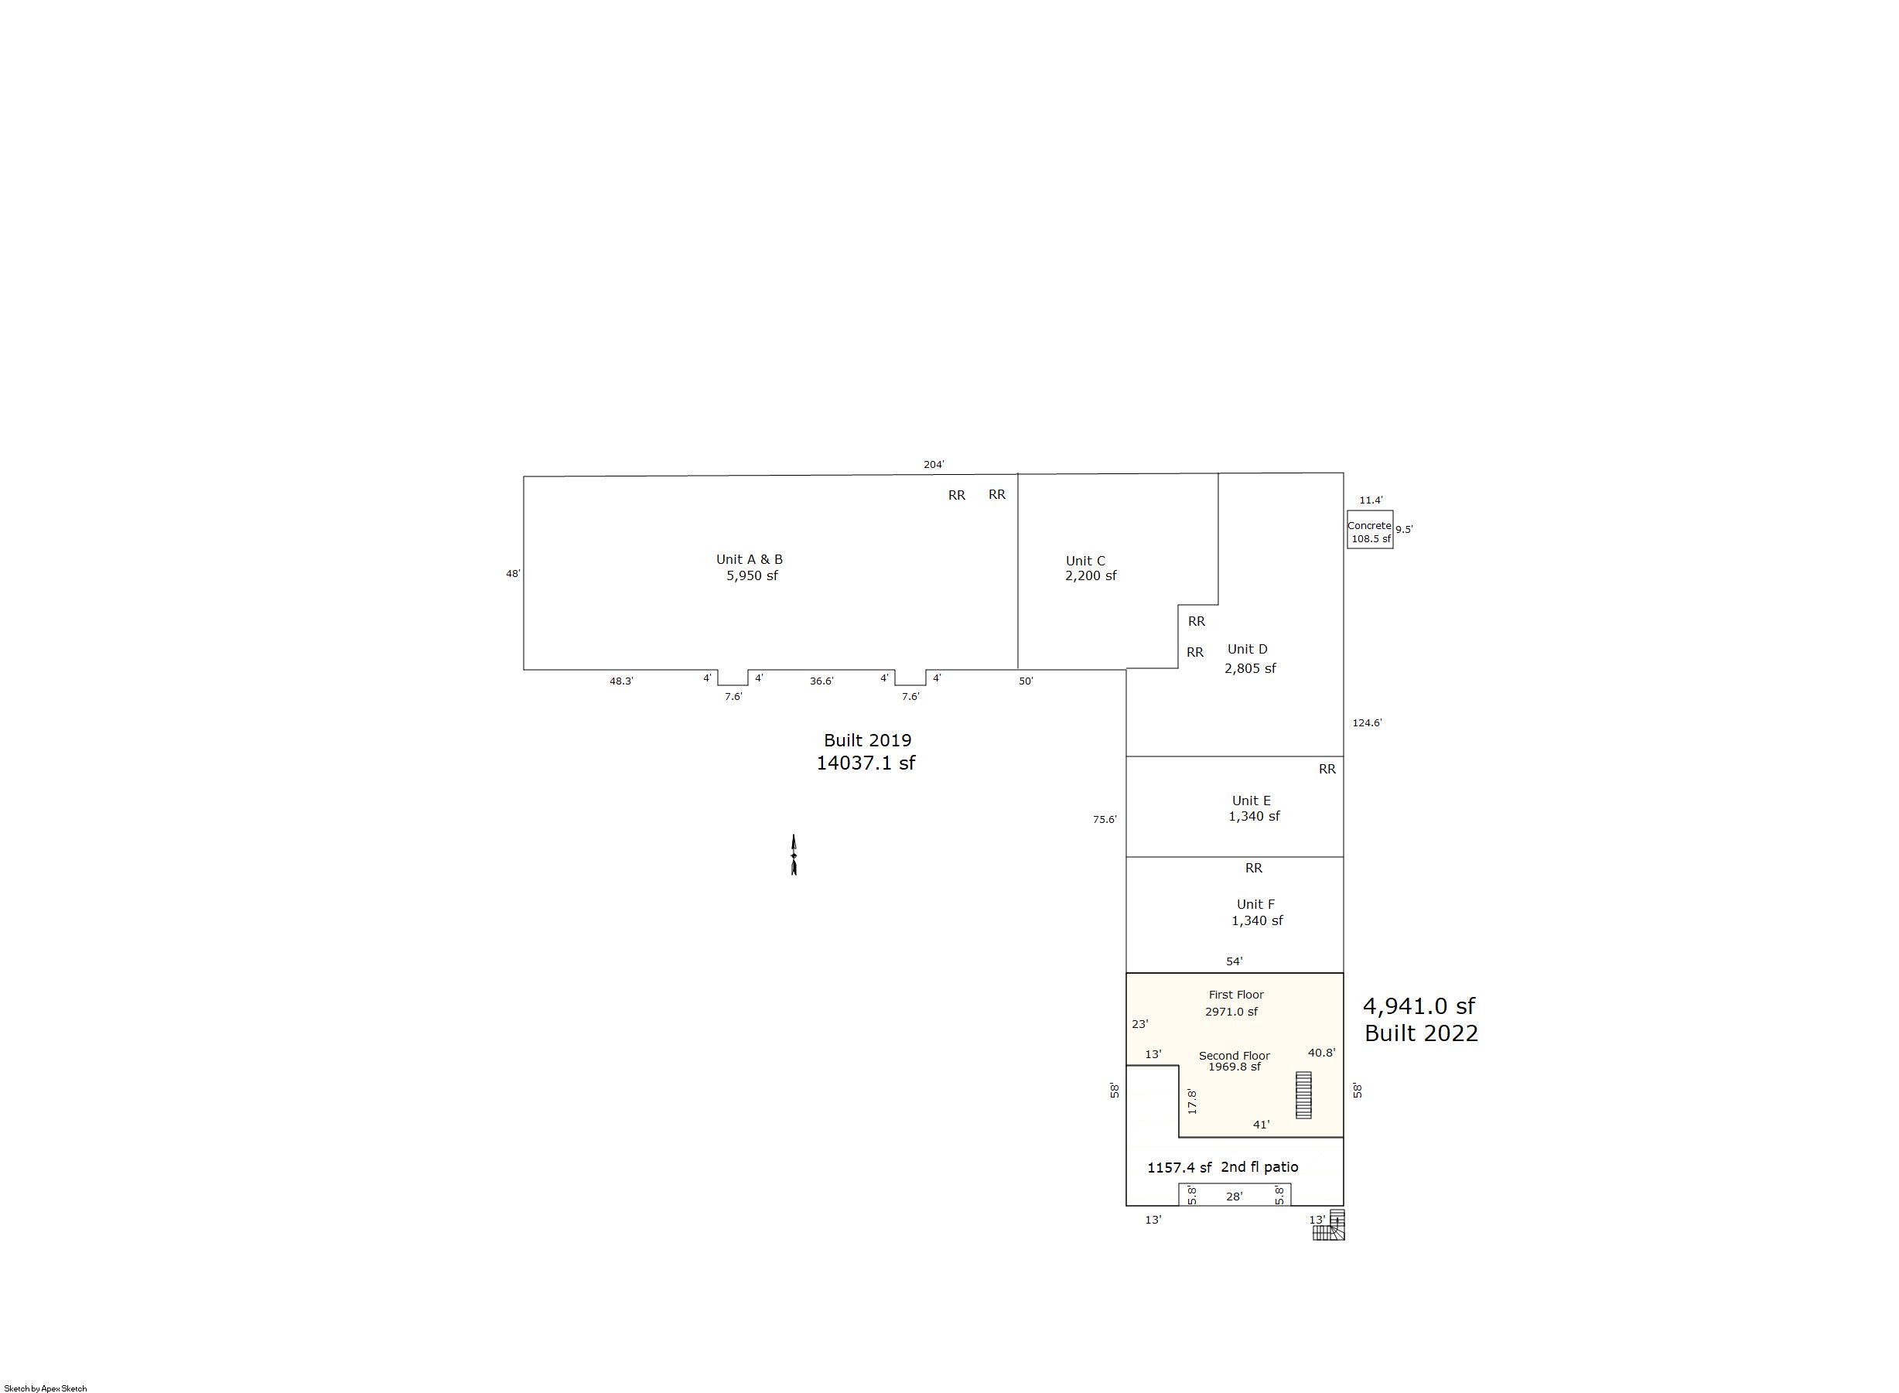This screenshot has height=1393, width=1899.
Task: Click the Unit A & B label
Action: tap(749, 559)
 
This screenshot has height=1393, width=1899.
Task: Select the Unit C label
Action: tap(1085, 561)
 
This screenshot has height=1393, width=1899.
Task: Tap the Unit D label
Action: tap(1247, 649)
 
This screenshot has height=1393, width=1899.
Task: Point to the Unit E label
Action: tap(1252, 801)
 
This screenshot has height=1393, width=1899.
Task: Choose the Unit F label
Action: tap(1255, 904)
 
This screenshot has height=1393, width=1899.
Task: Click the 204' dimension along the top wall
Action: tap(934, 465)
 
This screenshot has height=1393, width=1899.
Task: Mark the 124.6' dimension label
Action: tap(1367, 722)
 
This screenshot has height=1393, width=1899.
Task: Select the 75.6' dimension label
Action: tap(1105, 819)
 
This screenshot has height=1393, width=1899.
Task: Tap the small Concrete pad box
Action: tap(1369, 530)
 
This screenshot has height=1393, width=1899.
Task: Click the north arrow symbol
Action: tap(794, 855)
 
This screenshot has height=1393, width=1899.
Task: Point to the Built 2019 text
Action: tap(868, 740)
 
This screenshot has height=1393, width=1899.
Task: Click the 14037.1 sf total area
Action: tap(866, 763)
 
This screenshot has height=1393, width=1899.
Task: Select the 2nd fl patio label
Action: tap(1260, 1167)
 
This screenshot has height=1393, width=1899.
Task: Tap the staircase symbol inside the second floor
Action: tap(1303, 1094)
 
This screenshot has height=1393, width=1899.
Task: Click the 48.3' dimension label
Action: tap(621, 681)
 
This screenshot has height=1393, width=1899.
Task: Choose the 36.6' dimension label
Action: tap(821, 681)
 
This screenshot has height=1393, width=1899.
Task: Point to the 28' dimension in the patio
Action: tap(1235, 1197)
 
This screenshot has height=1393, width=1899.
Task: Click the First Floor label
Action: tap(1236, 995)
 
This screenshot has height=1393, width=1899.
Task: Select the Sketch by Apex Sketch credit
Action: tap(46, 1388)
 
